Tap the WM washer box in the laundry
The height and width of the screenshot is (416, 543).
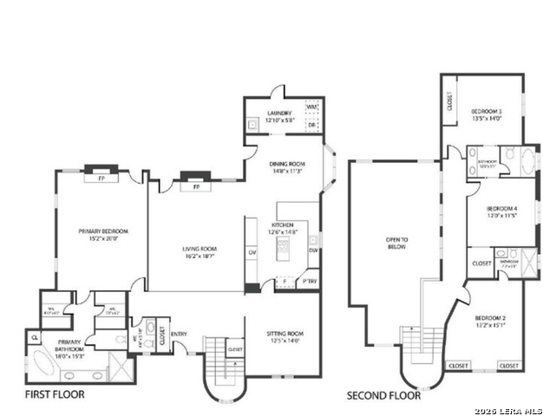pos(311,107)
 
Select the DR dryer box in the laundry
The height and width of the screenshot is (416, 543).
pos(311,125)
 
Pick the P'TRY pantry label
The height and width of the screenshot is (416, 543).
pos(307,283)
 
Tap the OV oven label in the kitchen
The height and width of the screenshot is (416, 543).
pos(252,252)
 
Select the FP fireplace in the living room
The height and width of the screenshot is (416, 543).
pos(196,186)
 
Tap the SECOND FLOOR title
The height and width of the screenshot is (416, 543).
pos(383,395)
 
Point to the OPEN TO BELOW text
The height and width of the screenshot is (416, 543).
pos(396,242)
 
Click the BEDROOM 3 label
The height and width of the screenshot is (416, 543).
pos(487,114)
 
